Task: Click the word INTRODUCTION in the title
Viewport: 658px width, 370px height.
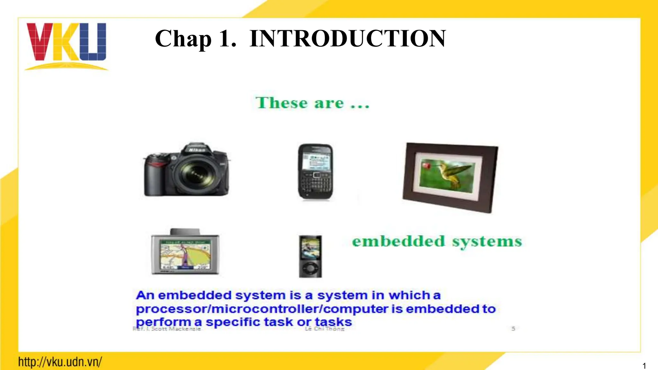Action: [347, 39]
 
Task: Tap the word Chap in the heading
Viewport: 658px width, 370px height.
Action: [183, 39]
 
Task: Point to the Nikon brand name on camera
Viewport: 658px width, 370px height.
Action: [197, 150]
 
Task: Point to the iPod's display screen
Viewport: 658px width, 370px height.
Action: [310, 247]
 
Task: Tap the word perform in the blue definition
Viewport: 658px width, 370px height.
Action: [164, 322]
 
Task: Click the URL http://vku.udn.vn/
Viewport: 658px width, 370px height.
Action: [60, 362]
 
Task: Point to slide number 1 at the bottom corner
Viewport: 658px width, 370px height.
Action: [644, 366]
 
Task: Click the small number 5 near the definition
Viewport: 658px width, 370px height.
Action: [513, 329]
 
